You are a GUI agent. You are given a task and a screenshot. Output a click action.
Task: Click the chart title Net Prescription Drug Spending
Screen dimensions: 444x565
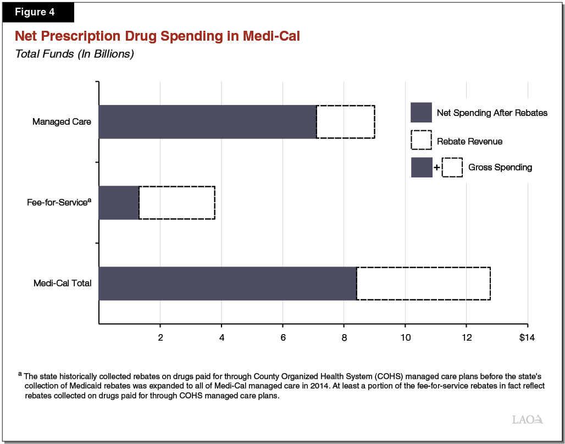click(157, 37)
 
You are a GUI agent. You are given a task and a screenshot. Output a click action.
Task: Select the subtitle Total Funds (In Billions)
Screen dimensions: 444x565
click(75, 54)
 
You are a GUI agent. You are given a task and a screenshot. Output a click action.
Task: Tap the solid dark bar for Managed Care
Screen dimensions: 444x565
click(207, 121)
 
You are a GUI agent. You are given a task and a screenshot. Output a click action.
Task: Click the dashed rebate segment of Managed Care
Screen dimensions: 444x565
click(346, 121)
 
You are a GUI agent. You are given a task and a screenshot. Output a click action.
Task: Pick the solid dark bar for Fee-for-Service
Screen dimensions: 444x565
click(119, 203)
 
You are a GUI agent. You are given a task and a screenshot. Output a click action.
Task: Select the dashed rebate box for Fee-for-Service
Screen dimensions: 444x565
click(176, 203)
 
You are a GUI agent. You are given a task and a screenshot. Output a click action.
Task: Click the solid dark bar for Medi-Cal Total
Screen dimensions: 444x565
click(228, 284)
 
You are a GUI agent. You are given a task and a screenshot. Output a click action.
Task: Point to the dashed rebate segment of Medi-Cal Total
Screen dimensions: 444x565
click(423, 284)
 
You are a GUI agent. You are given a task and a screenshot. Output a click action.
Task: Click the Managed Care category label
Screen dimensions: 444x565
click(62, 121)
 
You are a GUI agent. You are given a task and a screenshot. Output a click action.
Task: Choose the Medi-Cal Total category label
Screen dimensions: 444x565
click(62, 284)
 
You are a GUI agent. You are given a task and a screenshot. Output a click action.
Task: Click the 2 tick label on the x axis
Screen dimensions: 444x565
click(160, 337)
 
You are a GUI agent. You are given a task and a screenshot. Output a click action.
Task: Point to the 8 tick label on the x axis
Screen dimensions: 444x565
click(344, 337)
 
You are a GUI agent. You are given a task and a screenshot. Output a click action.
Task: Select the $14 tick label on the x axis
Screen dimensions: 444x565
click(526, 337)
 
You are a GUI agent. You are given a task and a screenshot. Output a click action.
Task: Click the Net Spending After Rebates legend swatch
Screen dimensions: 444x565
click(421, 113)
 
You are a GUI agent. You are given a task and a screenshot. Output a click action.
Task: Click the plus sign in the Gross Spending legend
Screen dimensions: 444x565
click(436, 168)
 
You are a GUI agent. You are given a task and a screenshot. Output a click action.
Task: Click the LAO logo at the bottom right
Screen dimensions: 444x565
click(527, 419)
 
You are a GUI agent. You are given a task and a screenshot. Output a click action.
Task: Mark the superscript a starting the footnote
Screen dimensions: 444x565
click(20, 374)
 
